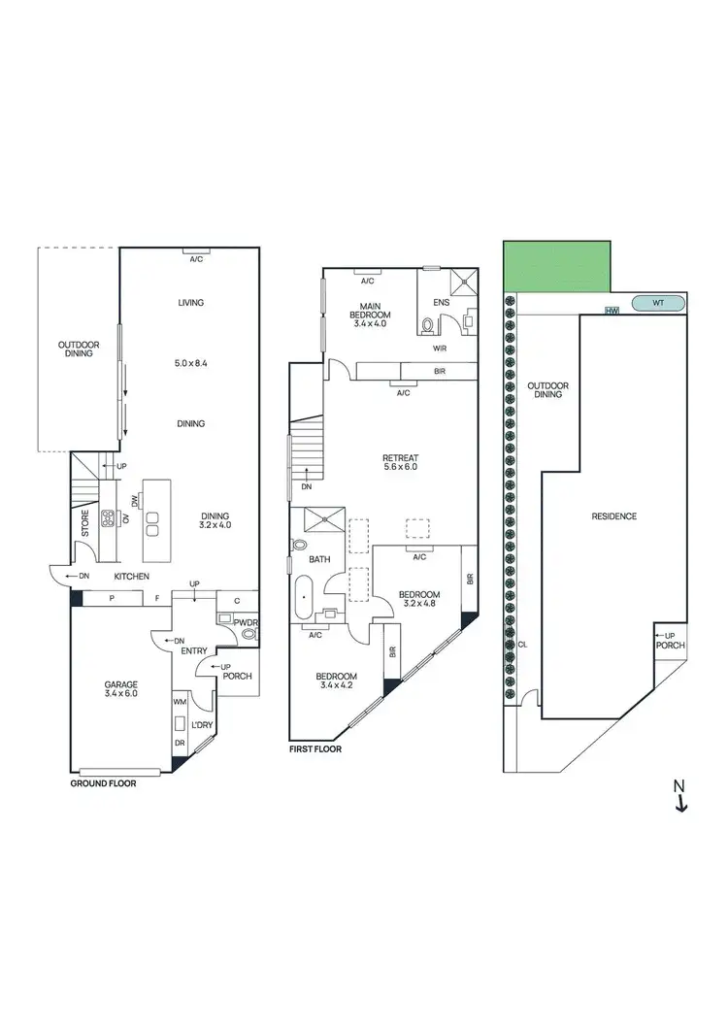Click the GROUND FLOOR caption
point(103,781)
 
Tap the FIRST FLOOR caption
point(315,749)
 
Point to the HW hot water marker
point(611,311)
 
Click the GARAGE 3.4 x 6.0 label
point(121,688)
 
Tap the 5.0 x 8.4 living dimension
point(190,363)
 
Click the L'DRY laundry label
point(202,726)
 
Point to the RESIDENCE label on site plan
point(613,516)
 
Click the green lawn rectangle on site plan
point(556,265)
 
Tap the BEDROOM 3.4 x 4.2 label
point(335,681)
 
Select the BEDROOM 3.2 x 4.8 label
point(418,600)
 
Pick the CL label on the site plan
point(523,644)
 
